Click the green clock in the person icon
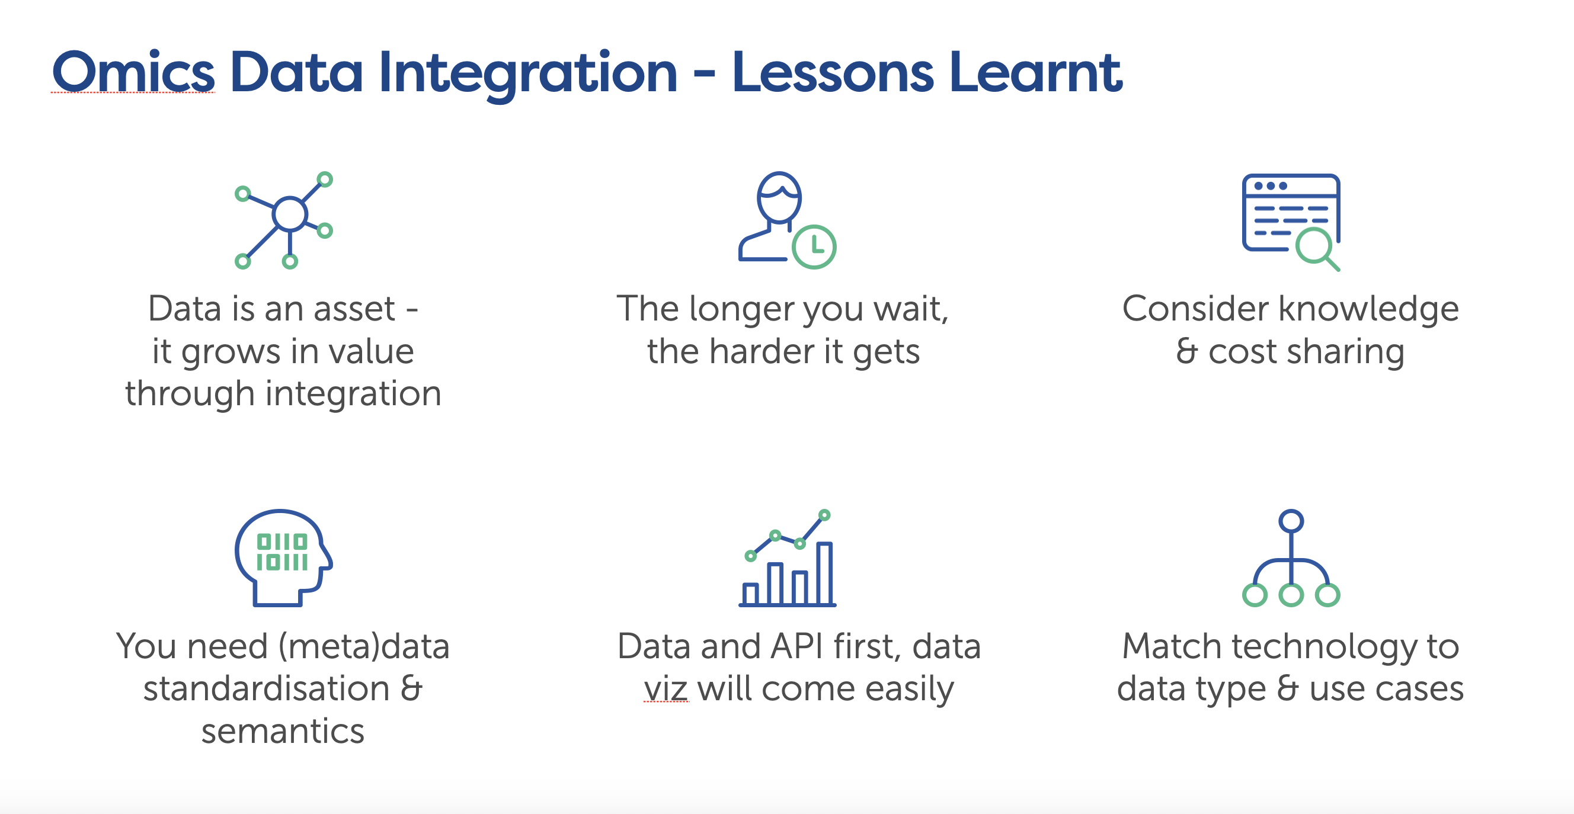coord(814,246)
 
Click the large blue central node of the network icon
coord(290,214)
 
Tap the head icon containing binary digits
coord(283,557)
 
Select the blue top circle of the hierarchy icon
coord(1291,521)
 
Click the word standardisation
coord(267,689)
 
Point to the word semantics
coord(283,731)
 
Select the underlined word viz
coord(666,689)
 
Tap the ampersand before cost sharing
coord(1186,351)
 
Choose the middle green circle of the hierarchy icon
coord(1291,594)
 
